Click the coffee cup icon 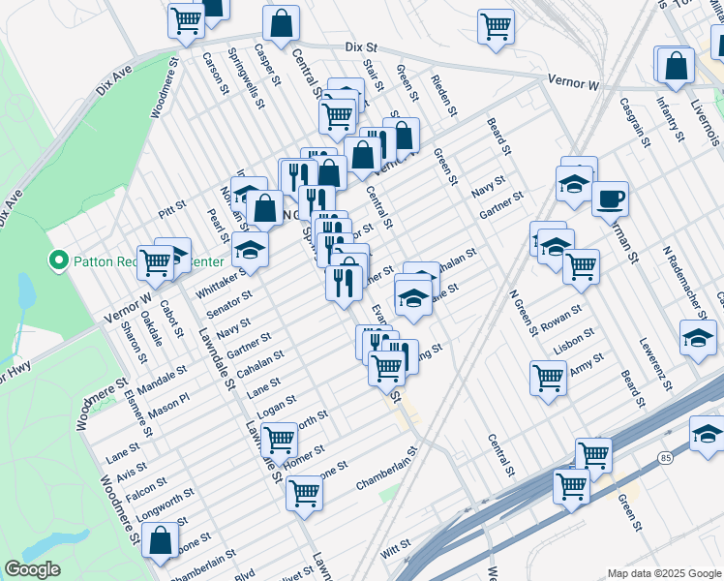tap(609, 199)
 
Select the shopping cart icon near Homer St tap(279, 440)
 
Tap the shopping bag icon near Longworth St tap(160, 540)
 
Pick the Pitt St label tap(171, 209)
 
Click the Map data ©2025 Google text tap(663, 573)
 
